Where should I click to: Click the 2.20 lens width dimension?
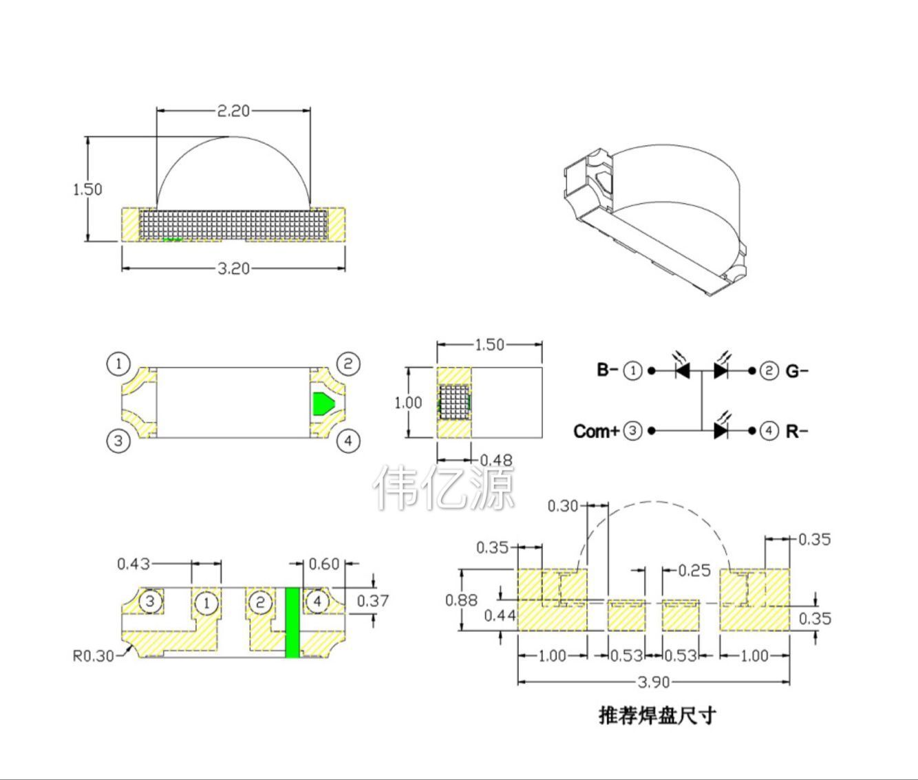tap(233, 110)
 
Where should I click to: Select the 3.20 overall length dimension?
tap(233, 268)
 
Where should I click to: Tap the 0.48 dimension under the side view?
tap(495, 460)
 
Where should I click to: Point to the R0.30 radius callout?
tap(94, 655)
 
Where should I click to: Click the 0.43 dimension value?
tap(134, 564)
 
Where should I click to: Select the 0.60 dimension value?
tap(324, 564)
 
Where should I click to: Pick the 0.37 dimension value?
tap(373, 601)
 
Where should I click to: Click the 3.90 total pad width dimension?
tap(653, 682)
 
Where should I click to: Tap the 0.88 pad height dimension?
tap(461, 600)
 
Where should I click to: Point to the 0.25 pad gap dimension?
tap(694, 570)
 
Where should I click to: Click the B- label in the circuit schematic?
tap(608, 370)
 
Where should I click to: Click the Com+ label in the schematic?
tap(597, 432)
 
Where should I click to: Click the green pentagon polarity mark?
tap(323, 403)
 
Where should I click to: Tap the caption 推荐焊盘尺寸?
tap(657, 715)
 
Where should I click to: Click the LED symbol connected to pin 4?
tap(720, 430)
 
